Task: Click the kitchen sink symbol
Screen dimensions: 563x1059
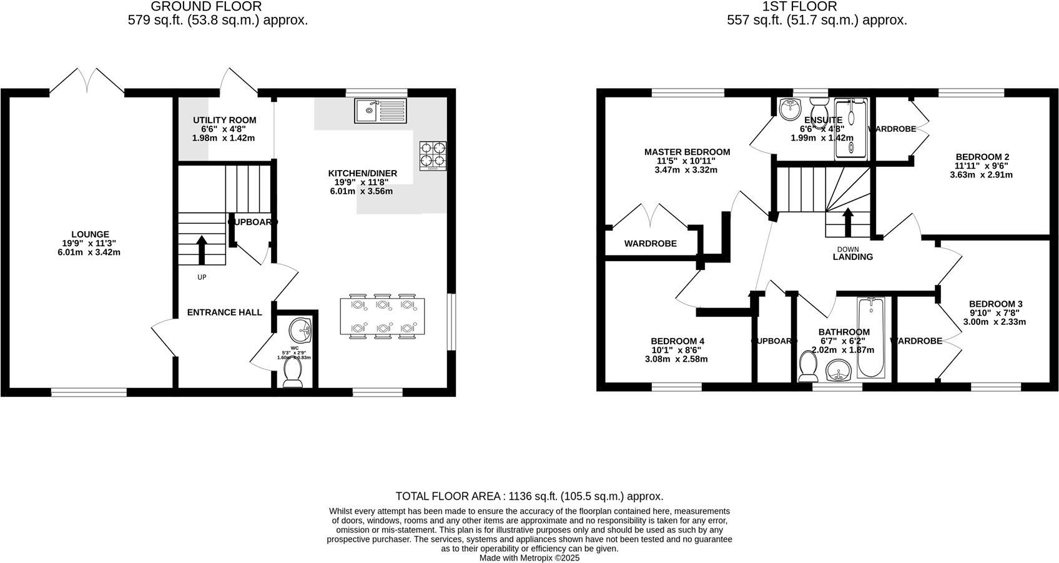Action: [380, 111]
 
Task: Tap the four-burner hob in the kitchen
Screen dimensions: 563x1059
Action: [433, 156]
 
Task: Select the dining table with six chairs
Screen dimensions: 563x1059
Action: [382, 317]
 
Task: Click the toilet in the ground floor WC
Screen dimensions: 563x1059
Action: [292, 372]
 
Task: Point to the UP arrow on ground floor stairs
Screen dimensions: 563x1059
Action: [202, 249]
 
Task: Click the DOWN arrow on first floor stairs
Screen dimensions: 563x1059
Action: [847, 222]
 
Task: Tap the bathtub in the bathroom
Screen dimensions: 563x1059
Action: [870, 337]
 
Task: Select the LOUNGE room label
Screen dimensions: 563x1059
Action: [90, 235]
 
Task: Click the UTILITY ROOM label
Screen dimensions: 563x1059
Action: [224, 121]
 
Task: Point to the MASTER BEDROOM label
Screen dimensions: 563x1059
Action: [687, 152]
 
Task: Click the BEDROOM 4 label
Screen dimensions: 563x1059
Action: [677, 341]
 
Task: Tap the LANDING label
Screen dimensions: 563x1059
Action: [852, 257]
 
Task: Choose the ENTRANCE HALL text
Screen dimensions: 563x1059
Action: [225, 312]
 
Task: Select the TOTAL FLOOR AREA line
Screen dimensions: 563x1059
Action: [529, 496]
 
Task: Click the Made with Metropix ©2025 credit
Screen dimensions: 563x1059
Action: [529, 558]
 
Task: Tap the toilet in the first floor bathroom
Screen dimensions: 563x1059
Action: [809, 366]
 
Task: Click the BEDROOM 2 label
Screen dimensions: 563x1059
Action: [982, 157]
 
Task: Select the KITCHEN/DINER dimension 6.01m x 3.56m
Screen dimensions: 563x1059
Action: [362, 191]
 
